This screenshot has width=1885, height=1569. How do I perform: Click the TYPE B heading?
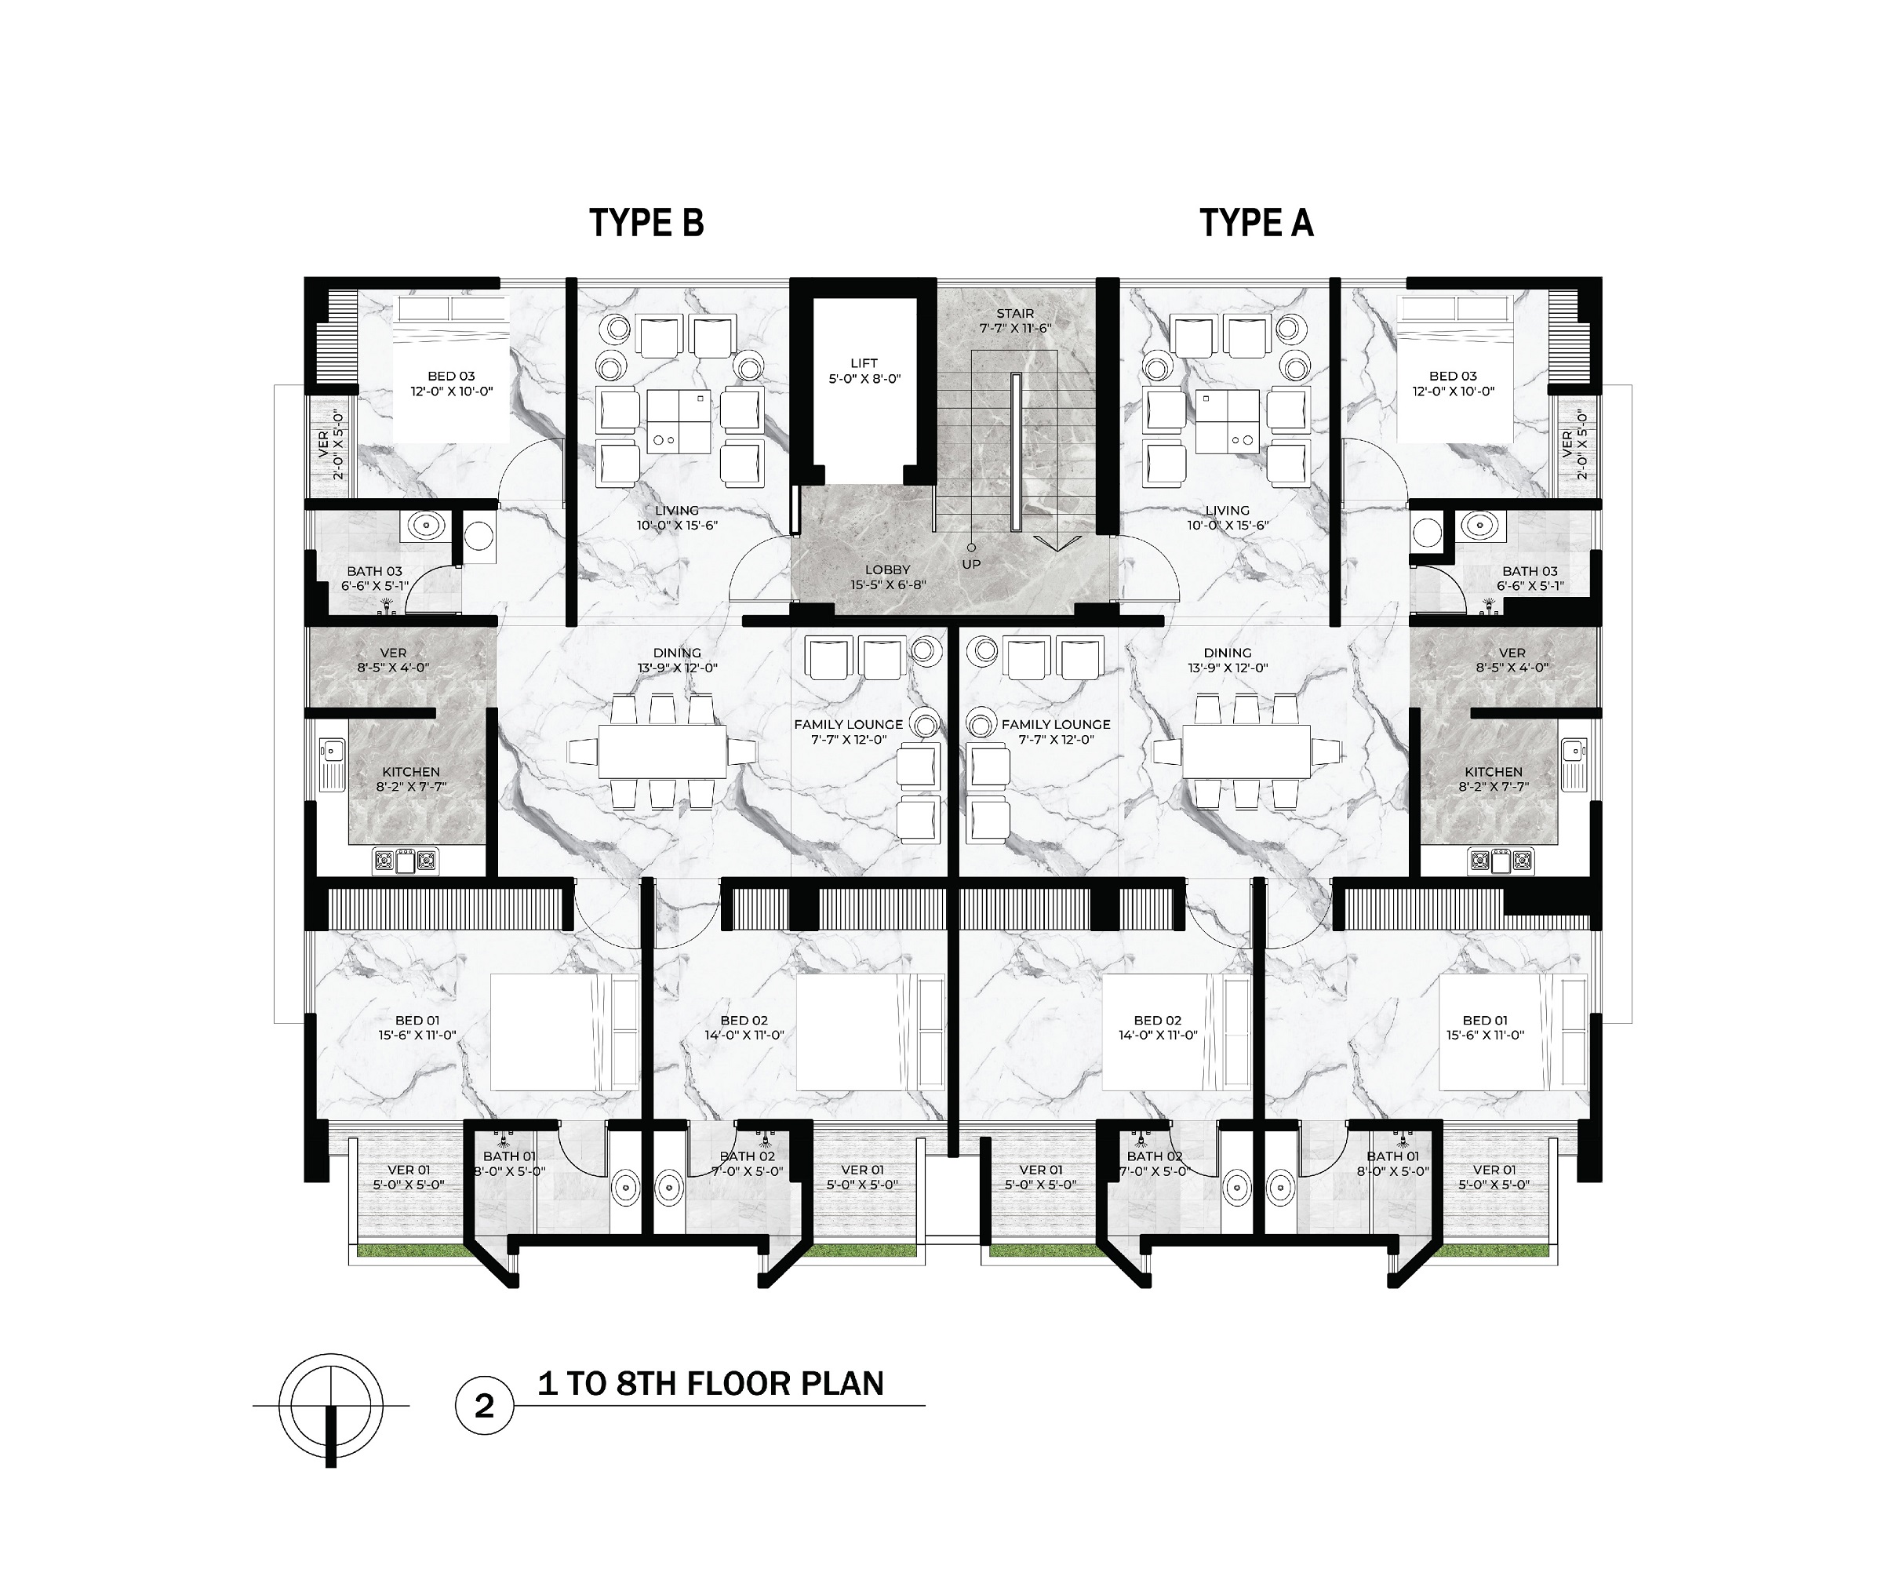(646, 223)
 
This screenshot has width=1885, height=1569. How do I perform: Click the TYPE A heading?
(1257, 223)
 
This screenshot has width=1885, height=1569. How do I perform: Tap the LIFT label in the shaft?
(864, 362)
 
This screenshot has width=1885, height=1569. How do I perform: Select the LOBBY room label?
(888, 569)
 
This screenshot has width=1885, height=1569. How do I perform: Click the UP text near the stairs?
(971, 565)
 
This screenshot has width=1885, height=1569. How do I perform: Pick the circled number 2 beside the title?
(485, 1406)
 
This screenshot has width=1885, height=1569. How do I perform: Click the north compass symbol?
(331, 1406)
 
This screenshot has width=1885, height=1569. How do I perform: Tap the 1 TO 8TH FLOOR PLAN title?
(711, 1383)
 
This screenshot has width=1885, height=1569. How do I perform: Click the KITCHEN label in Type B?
(411, 772)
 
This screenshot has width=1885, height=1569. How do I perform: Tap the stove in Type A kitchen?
(1500, 861)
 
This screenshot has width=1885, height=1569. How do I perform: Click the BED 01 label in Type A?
(1485, 1020)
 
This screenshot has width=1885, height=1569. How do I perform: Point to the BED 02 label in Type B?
(744, 1020)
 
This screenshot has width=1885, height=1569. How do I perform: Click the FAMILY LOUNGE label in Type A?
(1056, 724)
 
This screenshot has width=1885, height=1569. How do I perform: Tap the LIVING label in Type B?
(677, 511)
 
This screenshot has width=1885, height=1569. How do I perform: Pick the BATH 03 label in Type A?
(1530, 571)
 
